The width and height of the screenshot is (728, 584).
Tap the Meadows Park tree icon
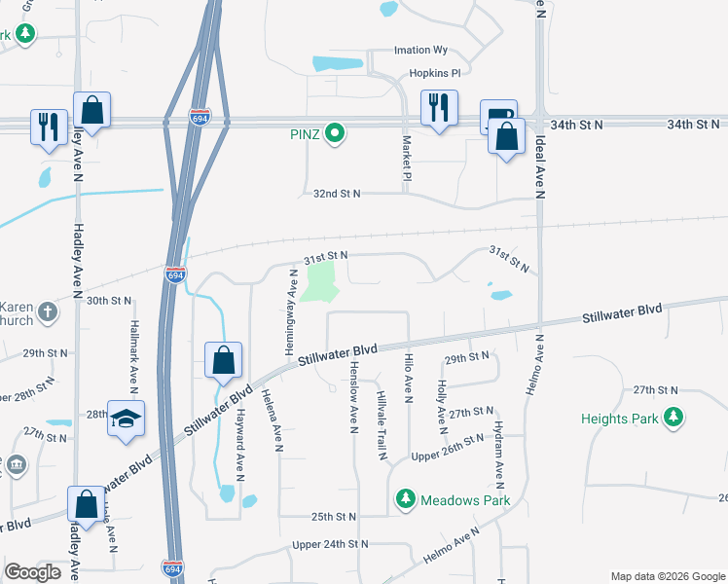405,500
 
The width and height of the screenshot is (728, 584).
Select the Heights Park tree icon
673,419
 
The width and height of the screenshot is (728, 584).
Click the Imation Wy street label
419,51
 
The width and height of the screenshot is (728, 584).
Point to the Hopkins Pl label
433,73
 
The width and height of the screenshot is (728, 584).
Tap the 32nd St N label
337,194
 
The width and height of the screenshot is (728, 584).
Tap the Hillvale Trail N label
382,420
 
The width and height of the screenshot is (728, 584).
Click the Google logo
32,573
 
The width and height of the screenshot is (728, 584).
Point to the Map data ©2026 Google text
668,576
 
